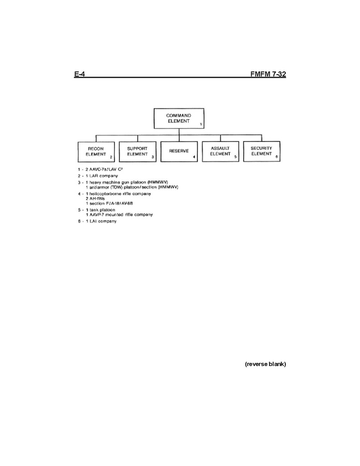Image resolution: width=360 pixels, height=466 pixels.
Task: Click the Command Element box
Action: tap(179, 118)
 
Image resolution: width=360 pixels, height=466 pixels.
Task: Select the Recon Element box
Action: tap(96, 151)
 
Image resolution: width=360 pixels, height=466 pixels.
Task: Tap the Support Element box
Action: tap(137, 151)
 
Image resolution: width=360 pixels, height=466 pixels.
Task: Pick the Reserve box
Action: tap(179, 151)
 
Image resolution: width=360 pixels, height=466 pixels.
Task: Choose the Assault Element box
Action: tap(220, 151)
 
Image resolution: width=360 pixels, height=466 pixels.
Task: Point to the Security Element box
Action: tap(262, 151)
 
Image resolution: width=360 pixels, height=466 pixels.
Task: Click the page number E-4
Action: tap(80, 74)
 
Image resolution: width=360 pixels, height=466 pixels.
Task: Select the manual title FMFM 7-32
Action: tap(268, 74)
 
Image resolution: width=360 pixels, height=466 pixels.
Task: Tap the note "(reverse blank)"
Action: tap(266, 364)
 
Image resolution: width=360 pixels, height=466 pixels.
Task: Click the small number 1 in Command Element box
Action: tap(201, 124)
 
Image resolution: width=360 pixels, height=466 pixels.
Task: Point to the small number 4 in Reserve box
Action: tap(194, 157)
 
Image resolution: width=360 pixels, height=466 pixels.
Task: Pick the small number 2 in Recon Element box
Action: tap(111, 157)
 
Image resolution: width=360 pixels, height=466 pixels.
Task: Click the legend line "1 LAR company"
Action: tap(102, 176)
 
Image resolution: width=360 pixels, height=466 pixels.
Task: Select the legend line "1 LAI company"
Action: tap(102, 221)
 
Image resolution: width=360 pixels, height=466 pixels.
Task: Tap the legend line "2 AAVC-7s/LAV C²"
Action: tap(104, 169)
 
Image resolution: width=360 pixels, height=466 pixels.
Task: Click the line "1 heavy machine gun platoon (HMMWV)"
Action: tap(127, 182)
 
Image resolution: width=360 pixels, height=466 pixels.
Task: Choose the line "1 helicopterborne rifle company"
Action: tap(119, 194)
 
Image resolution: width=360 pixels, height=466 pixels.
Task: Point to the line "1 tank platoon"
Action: tap(100, 210)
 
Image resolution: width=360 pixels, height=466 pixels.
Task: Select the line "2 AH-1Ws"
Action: tap(95, 199)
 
